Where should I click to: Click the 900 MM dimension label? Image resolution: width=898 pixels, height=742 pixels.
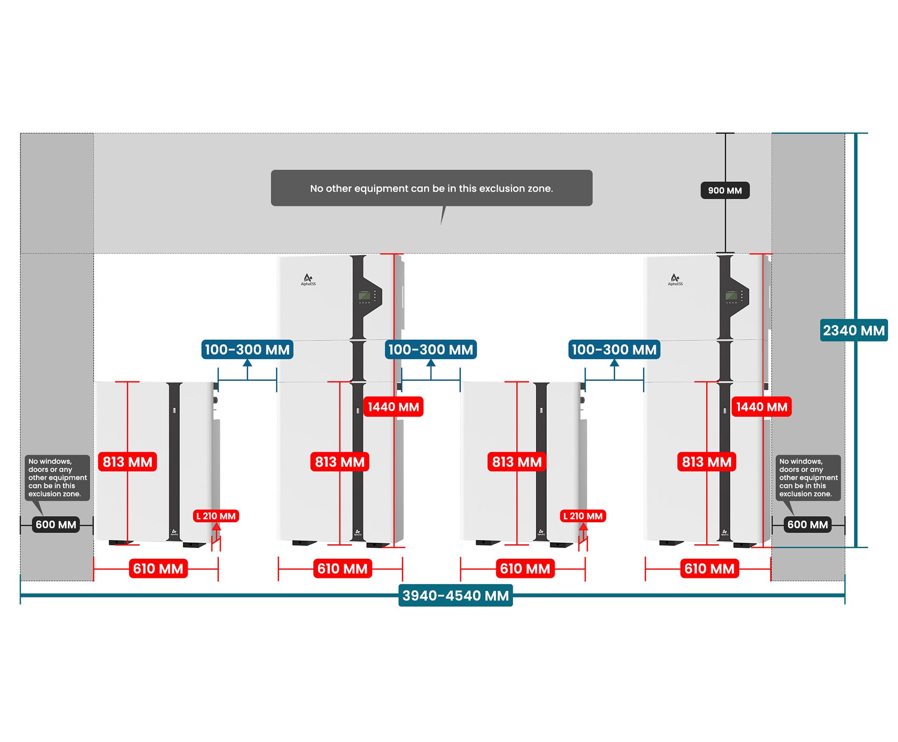point(725,190)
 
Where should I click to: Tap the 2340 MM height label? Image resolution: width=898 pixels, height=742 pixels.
point(854,331)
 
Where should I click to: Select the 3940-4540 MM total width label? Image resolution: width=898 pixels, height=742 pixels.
point(456,596)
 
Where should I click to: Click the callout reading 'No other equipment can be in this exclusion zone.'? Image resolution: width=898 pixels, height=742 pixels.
point(432,188)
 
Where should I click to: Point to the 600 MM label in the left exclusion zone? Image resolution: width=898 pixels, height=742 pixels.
point(56,525)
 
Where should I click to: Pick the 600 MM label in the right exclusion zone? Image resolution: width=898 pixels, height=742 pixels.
point(808,525)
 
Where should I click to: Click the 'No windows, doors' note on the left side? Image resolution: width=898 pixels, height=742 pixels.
point(58,477)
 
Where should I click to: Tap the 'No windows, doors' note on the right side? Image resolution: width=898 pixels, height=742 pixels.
point(808,477)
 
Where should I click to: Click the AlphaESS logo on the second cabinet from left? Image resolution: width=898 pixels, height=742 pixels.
point(308,280)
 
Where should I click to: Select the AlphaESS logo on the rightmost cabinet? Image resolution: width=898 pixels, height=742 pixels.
point(675,280)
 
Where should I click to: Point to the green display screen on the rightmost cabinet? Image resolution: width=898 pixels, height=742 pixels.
point(731,295)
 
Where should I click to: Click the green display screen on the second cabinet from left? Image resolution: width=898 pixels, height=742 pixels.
point(364,295)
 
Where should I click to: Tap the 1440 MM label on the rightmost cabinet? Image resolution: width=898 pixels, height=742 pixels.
point(761,407)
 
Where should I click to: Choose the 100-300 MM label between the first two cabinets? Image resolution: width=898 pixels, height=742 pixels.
point(247,349)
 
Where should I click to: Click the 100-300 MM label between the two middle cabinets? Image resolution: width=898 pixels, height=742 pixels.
point(431,349)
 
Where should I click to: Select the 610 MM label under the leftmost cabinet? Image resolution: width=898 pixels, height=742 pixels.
point(158,569)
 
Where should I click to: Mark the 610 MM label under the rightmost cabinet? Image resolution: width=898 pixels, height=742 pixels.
point(710,569)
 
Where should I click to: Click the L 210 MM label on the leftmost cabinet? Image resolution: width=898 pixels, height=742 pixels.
point(216,516)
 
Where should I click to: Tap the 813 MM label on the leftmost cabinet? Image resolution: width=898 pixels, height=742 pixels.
point(128,462)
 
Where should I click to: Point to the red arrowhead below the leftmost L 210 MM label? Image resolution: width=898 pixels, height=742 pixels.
point(216,526)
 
